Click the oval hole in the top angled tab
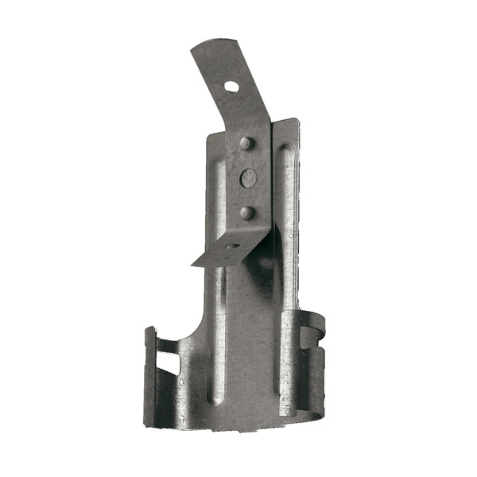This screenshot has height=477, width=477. [x=231, y=85]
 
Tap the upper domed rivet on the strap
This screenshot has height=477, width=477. [x=246, y=144]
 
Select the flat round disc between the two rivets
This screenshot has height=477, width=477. [x=249, y=178]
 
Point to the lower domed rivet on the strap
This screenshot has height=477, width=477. [x=247, y=212]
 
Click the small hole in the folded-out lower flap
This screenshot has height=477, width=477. [x=233, y=247]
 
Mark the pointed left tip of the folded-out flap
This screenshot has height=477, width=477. [x=193, y=265]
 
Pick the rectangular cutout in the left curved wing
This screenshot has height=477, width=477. [x=168, y=362]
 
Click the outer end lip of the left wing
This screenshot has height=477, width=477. [x=149, y=374]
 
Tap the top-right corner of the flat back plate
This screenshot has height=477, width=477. [x=297, y=121]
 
